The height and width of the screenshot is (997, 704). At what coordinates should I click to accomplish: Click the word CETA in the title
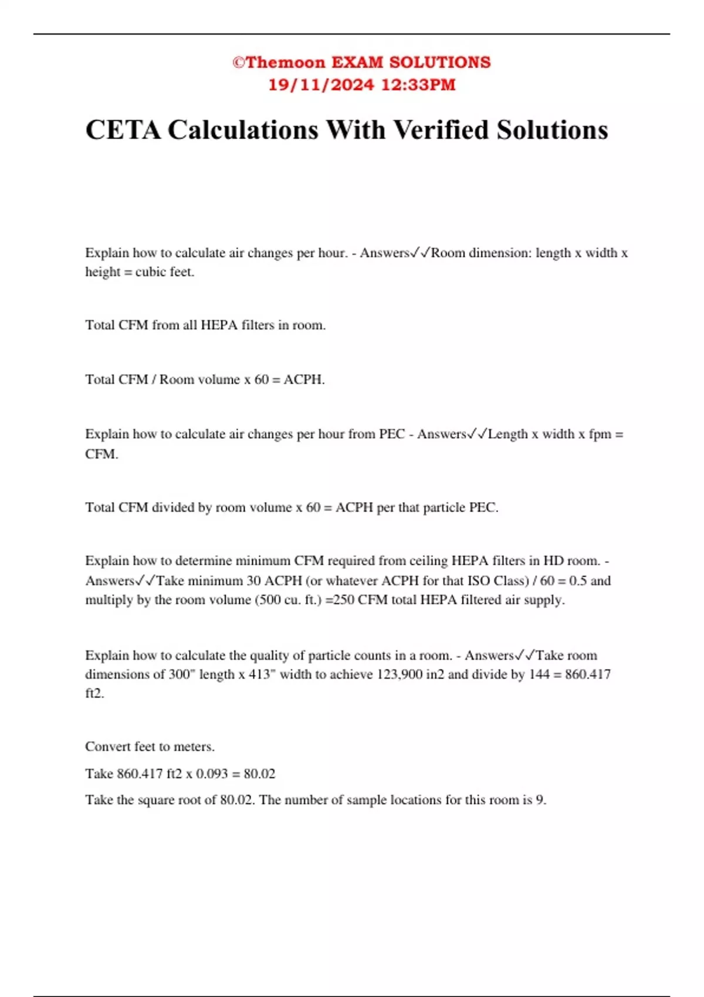[x=123, y=130]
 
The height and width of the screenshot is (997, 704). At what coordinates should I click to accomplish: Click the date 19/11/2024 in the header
[x=321, y=85]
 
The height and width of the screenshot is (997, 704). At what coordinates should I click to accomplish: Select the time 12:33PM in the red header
[x=418, y=85]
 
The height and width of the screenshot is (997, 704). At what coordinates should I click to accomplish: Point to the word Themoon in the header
[x=285, y=63]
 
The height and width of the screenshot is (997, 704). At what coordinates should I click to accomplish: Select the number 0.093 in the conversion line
[x=212, y=774]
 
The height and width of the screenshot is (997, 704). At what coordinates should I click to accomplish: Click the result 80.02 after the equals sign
[x=259, y=774]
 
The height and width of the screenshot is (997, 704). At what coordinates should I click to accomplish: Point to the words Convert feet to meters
[x=150, y=747]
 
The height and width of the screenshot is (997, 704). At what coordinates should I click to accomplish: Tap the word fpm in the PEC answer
[x=600, y=434]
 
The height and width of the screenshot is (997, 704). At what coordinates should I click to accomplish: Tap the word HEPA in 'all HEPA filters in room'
[x=219, y=325]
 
